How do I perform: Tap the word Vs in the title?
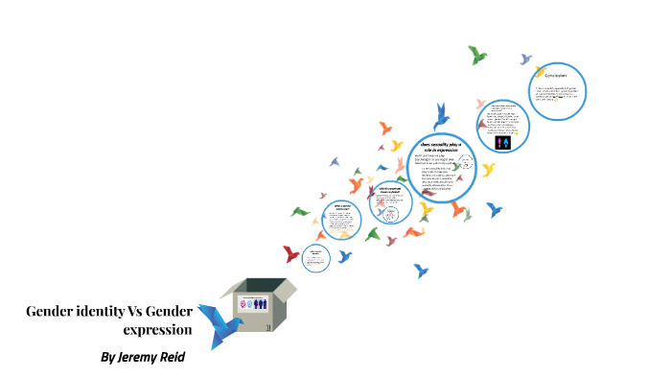click(x=136, y=312)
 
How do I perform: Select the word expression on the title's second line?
click(x=158, y=329)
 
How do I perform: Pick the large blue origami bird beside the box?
click(x=218, y=322)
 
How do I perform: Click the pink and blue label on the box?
click(x=252, y=303)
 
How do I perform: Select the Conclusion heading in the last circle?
click(x=557, y=74)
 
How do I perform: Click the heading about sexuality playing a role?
click(x=442, y=147)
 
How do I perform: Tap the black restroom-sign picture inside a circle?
click(x=505, y=142)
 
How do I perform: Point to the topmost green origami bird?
click(x=477, y=55)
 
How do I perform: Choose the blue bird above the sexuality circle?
click(x=441, y=116)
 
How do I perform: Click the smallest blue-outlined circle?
click(x=315, y=257)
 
